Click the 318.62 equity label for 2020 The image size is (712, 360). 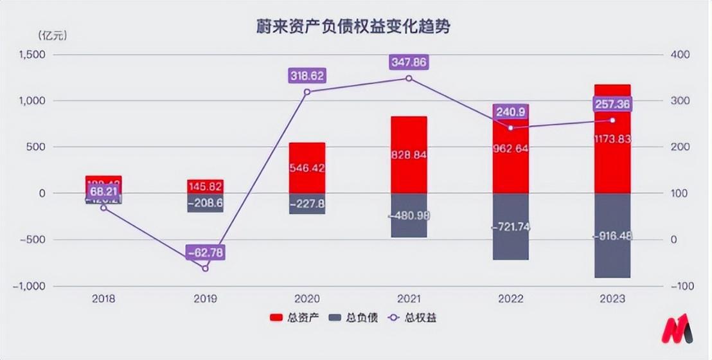pyautogui.click(x=307, y=75)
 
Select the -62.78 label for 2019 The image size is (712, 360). pyautogui.click(x=206, y=252)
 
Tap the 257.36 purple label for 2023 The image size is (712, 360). pyautogui.click(x=612, y=104)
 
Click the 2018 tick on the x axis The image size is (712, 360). pyautogui.click(x=103, y=299)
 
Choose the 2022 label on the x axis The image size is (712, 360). pyautogui.click(x=510, y=299)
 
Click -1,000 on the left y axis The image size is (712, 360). pyautogui.click(x=28, y=286)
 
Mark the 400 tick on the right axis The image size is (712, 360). pyautogui.click(x=681, y=55)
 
